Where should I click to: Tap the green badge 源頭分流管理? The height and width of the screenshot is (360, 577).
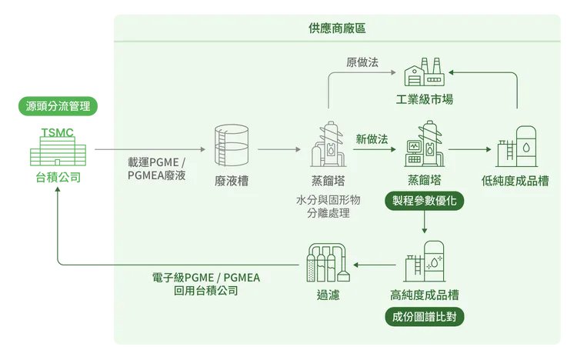[58, 106]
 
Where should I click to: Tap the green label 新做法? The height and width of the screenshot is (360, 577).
[372, 138]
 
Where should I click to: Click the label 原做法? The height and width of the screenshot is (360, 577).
[362, 62]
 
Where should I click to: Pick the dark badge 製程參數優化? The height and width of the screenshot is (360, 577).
[424, 202]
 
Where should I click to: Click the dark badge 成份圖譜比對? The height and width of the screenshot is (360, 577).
[425, 317]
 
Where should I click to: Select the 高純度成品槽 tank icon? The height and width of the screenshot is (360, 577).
[425, 262]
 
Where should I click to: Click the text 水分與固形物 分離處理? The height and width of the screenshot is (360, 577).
[328, 206]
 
